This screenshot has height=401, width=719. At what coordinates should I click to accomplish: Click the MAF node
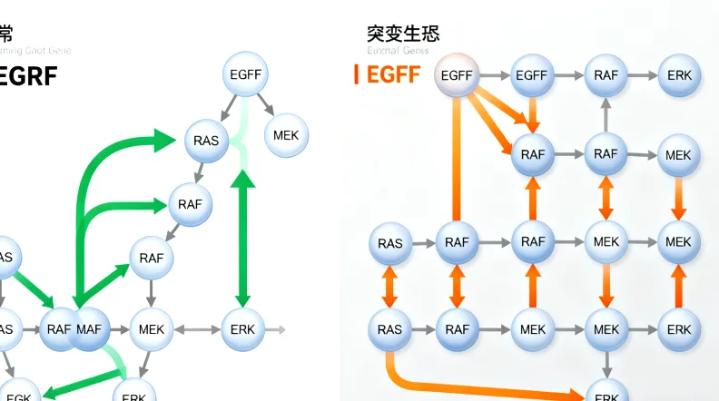pyautogui.click(x=92, y=328)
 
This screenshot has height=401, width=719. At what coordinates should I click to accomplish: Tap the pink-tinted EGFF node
pyautogui.click(x=457, y=75)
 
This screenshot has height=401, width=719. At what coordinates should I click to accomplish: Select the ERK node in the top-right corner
pyautogui.click(x=679, y=75)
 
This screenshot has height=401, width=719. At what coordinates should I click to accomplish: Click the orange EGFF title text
pyautogui.click(x=393, y=73)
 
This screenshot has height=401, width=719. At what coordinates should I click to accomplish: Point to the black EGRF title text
pyautogui.click(x=28, y=75)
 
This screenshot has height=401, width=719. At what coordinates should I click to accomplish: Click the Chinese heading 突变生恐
pyautogui.click(x=403, y=34)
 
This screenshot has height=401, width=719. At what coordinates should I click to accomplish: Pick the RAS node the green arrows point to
pyautogui.click(x=206, y=140)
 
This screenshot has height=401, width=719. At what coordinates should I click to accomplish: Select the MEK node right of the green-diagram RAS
pyautogui.click(x=286, y=135)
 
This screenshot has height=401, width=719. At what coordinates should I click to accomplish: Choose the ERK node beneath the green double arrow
pyautogui.click(x=243, y=328)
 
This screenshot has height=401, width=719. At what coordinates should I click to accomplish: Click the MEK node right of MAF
pyautogui.click(x=153, y=328)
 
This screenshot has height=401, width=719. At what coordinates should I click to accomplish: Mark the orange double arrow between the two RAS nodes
pyautogui.click(x=389, y=287)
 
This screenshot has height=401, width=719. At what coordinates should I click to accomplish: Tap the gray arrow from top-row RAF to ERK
pyautogui.click(x=641, y=75)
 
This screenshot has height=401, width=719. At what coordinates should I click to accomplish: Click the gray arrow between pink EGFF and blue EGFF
pyautogui.click(x=494, y=75)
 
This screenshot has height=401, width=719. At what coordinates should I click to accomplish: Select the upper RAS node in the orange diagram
pyautogui.click(x=389, y=243)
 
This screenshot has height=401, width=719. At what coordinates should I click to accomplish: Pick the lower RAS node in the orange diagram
pyautogui.click(x=389, y=329)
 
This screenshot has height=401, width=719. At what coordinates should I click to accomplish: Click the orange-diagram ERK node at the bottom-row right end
pyautogui.click(x=679, y=329)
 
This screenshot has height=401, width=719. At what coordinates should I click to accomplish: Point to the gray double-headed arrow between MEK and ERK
pyautogui.click(x=198, y=328)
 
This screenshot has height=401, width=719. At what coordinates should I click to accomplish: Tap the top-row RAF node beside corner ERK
pyautogui.click(x=606, y=75)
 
